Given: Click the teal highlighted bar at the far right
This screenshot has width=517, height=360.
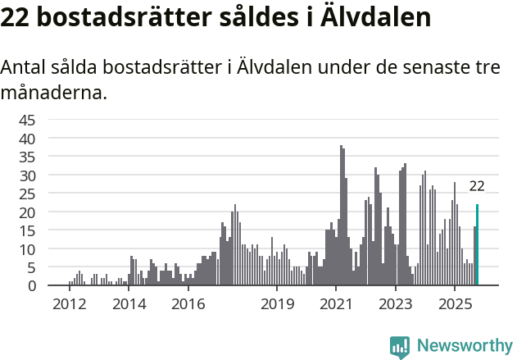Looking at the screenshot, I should [477, 245].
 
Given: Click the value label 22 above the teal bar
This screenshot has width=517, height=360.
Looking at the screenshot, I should [477, 186].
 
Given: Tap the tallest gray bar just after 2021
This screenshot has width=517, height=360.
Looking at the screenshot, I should [341, 216].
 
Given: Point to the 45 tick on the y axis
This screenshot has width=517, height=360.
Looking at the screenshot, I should [28, 120].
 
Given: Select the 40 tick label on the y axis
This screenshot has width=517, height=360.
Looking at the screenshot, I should [28, 139].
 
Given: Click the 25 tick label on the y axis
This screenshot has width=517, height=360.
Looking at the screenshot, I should [28, 194].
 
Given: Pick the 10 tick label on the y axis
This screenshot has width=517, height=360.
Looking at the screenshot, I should [28, 249].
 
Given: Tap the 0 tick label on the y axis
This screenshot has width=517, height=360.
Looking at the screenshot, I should [32, 286].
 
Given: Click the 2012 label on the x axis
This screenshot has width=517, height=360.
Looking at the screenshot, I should [70, 304].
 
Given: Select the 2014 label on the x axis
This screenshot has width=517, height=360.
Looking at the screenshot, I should [129, 304].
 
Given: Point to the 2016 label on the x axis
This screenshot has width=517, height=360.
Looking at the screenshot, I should [188, 304].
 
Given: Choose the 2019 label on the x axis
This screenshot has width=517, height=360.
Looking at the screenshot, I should [278, 304].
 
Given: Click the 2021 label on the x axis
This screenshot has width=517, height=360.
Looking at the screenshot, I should [337, 304].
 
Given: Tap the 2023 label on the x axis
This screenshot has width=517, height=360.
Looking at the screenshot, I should [397, 304].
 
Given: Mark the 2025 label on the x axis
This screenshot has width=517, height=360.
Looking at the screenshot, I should [456, 304].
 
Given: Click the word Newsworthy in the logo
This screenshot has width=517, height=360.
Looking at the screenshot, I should [464, 346].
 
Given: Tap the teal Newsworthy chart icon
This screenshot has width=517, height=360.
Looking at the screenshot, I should [400, 346].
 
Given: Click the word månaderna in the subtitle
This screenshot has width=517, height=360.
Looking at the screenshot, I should [54, 93].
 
